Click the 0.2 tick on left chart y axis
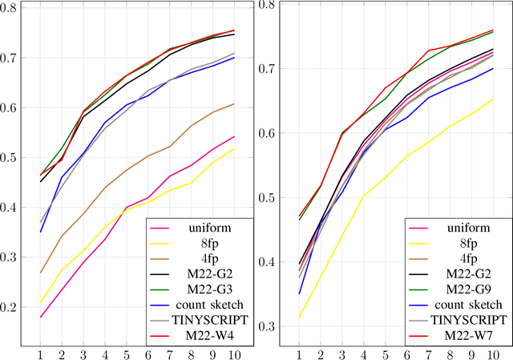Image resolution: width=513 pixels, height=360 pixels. (x=11, y=307)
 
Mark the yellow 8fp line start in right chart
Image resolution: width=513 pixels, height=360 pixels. (x=299, y=317)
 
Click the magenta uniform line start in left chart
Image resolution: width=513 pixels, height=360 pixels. (x=40, y=317)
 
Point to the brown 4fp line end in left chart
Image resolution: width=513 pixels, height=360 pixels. (x=235, y=103)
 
